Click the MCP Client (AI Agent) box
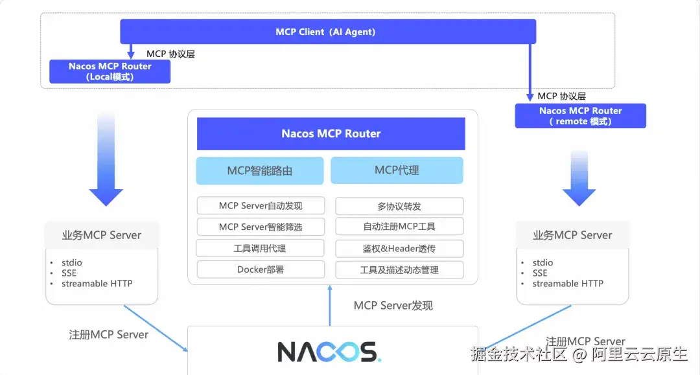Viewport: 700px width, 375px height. [x=328, y=32]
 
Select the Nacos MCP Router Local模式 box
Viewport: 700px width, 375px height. [x=110, y=71]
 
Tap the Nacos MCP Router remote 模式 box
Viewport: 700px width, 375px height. [x=580, y=116]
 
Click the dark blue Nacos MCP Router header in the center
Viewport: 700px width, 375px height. [x=331, y=134]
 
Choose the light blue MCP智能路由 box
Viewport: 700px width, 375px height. [x=260, y=170]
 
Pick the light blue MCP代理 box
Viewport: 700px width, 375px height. [x=397, y=170]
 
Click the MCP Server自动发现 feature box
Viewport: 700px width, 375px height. [x=261, y=205]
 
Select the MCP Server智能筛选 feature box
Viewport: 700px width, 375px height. [x=261, y=227]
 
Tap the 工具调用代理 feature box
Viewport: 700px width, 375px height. [x=261, y=248]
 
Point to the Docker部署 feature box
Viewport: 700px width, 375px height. [x=261, y=270]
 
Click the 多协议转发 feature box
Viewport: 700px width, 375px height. [x=399, y=206]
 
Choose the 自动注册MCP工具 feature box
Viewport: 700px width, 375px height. [x=399, y=227]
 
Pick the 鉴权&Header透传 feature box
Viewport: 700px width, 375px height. [x=399, y=248]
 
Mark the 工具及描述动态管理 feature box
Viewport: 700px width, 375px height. [x=399, y=270]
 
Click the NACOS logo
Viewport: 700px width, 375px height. [x=329, y=352]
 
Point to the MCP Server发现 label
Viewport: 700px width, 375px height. [x=393, y=306]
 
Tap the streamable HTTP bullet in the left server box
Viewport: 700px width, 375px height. [x=97, y=284]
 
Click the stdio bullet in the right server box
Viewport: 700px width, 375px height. [x=542, y=263]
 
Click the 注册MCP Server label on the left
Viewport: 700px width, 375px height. [x=108, y=335]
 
